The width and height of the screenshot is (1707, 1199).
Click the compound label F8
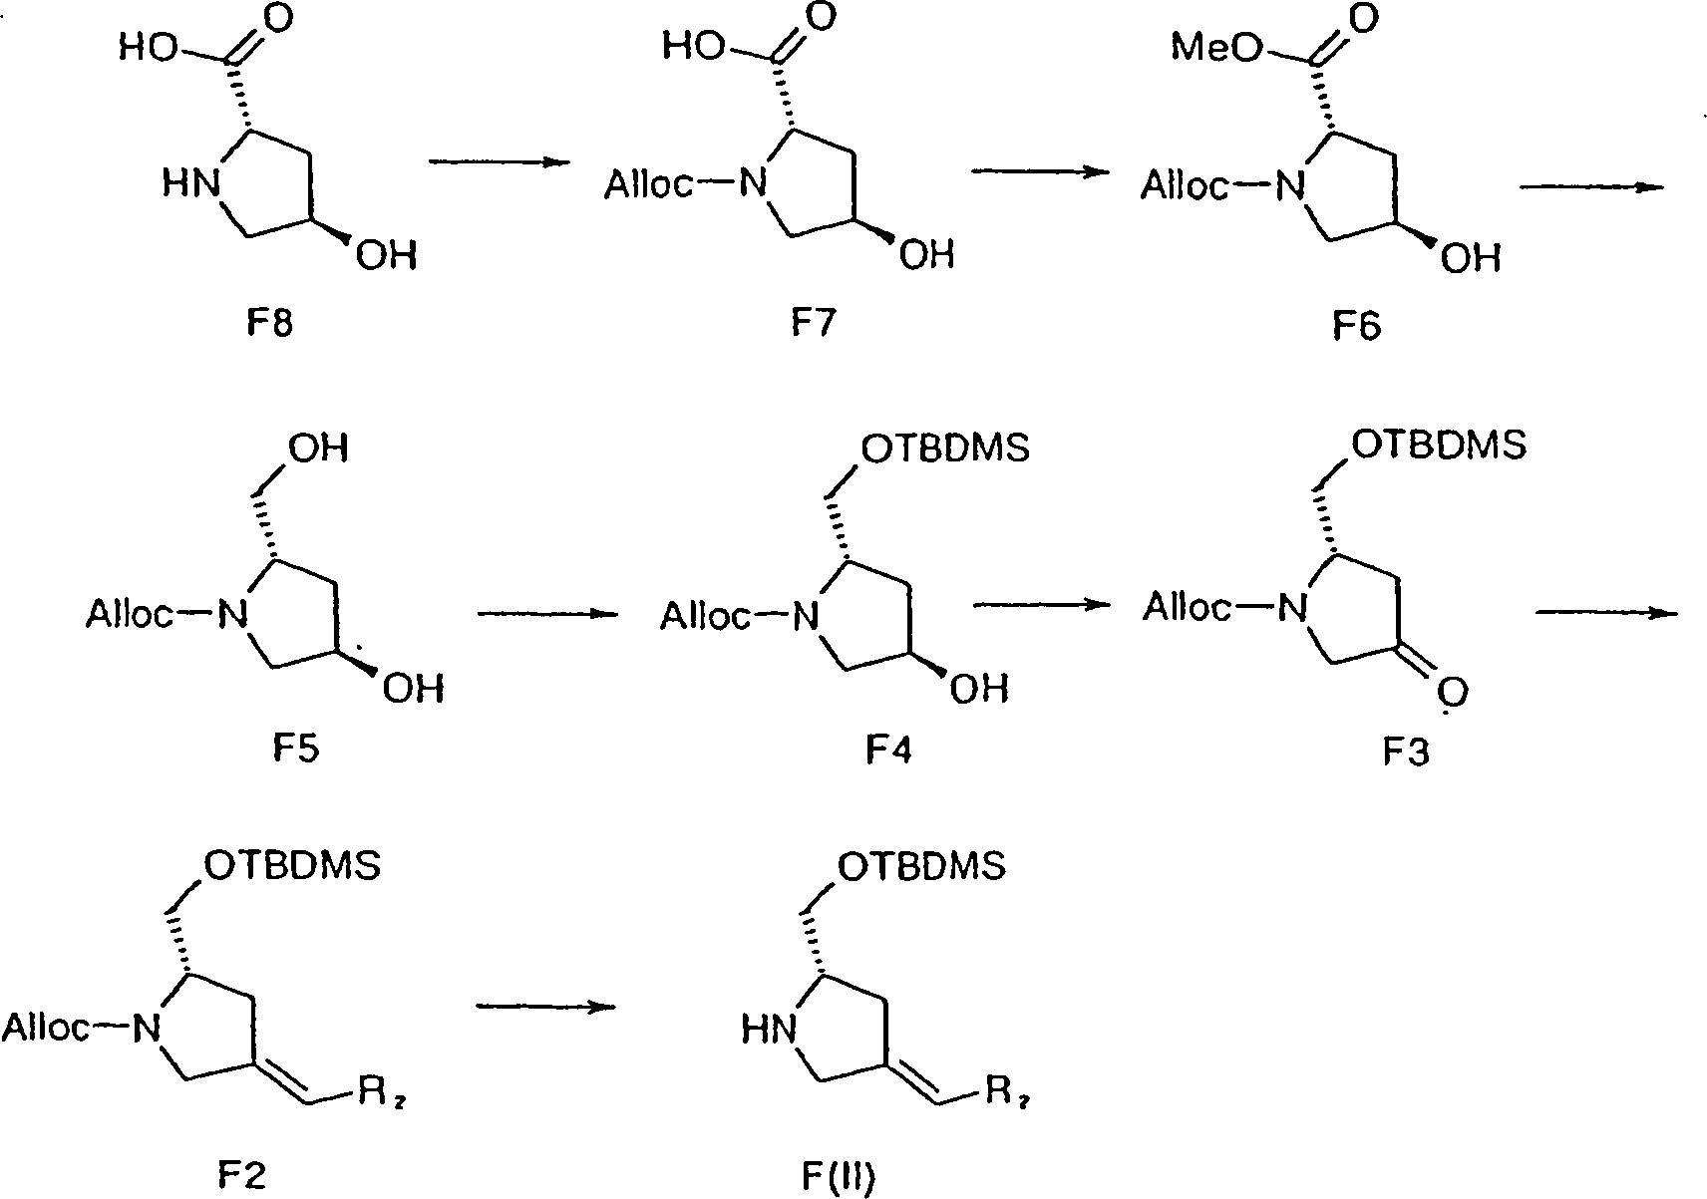268,325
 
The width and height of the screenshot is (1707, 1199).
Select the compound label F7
813,325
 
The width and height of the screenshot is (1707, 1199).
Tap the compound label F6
1357,326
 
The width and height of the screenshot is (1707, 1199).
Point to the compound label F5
294,748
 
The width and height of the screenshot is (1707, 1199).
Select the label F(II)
838,1177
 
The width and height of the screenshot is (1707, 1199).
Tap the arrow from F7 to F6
1040,171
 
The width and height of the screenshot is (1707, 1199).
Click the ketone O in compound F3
1451,691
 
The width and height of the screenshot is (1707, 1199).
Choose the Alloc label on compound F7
649,184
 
